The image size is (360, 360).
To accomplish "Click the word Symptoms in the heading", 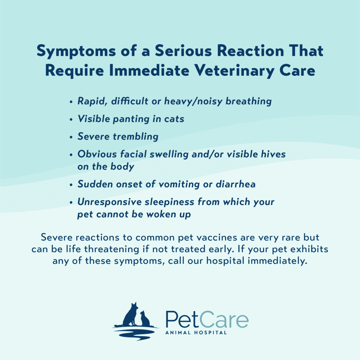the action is [x=76, y=51].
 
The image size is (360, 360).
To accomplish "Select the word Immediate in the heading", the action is [x=149, y=70].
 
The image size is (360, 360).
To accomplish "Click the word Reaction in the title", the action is [x=250, y=51].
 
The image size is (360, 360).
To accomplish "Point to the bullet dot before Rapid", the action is [x=71, y=102].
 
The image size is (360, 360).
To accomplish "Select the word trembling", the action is [x=135, y=136].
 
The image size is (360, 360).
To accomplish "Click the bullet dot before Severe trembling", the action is [x=71, y=137].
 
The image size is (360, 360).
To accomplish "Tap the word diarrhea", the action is [x=236, y=184].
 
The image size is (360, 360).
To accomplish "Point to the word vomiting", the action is [x=179, y=185].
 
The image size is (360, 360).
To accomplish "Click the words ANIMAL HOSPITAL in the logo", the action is [x=196, y=333].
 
